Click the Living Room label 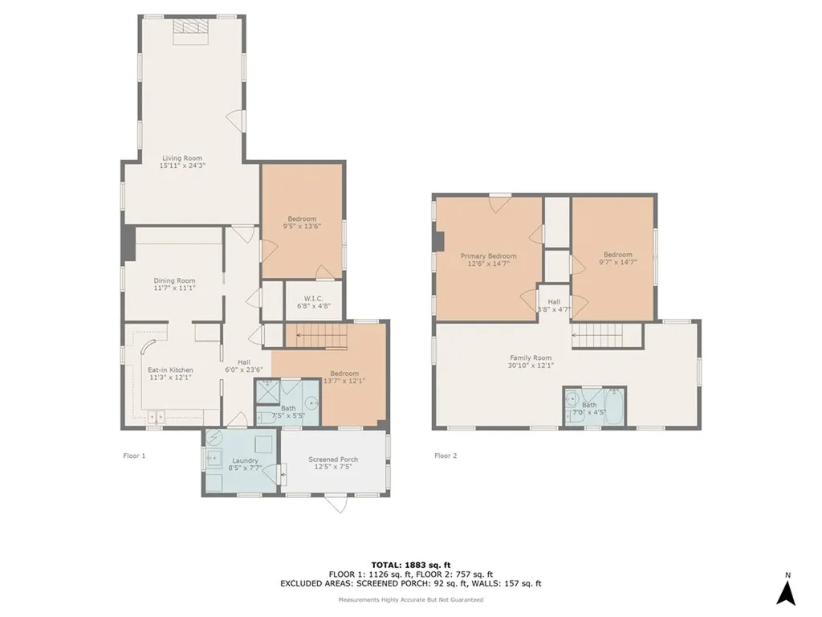(182, 161)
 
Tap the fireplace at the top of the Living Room (191, 27)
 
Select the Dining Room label (175, 284)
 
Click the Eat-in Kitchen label (171, 374)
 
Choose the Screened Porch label (333, 464)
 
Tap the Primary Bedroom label (488, 259)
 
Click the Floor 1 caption (134, 456)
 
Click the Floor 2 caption (446, 456)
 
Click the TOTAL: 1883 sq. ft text (410, 564)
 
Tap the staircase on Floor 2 (607, 336)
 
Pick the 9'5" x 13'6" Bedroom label (302, 223)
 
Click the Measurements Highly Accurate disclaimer (410, 599)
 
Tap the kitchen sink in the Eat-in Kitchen (157, 416)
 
